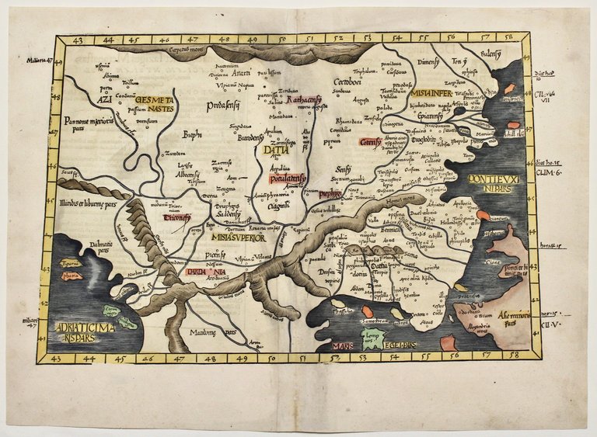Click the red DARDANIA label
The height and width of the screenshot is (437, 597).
coord(201,272)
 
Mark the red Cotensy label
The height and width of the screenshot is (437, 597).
coord(369,142)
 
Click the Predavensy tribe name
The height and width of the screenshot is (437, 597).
coord(222,105)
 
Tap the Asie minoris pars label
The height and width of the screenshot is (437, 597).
coord(514,319)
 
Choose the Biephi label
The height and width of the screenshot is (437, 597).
coord(191,134)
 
